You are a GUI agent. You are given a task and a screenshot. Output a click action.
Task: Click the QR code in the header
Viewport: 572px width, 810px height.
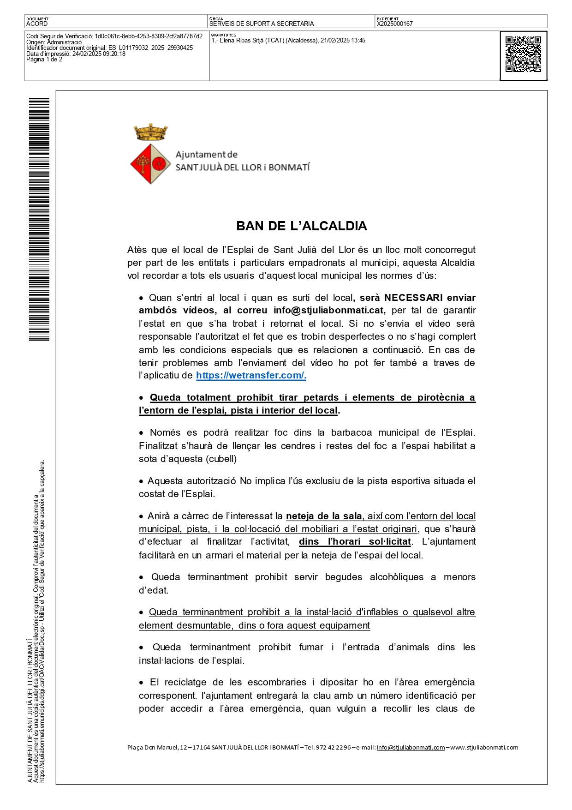(523, 54)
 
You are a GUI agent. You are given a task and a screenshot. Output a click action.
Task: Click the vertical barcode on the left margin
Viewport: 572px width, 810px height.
(39, 219)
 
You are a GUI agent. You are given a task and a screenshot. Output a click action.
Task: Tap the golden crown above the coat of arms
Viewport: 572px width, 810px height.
(151, 132)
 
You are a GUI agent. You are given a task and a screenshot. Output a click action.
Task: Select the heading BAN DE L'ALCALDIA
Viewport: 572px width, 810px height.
(302, 226)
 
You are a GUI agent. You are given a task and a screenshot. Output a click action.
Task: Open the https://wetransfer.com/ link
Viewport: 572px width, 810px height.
(251, 375)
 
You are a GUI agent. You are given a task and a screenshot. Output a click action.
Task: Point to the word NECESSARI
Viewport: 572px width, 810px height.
(413, 298)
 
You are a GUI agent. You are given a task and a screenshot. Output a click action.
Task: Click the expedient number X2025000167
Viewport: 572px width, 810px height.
(395, 24)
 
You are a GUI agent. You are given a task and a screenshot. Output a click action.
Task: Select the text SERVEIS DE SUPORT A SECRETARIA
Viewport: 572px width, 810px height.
(262, 24)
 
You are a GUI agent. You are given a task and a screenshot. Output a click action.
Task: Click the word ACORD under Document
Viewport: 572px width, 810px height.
(37, 24)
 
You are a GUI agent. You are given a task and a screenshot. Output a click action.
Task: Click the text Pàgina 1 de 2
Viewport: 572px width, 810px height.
(44, 60)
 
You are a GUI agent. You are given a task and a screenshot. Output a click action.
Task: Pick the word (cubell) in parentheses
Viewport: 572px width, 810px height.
(221, 459)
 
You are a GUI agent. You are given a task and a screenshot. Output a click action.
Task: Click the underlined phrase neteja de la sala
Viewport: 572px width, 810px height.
(324, 516)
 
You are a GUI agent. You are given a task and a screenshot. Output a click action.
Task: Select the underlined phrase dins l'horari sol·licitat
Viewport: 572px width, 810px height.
(355, 541)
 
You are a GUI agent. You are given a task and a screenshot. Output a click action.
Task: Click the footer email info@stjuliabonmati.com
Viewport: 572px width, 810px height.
(411, 747)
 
